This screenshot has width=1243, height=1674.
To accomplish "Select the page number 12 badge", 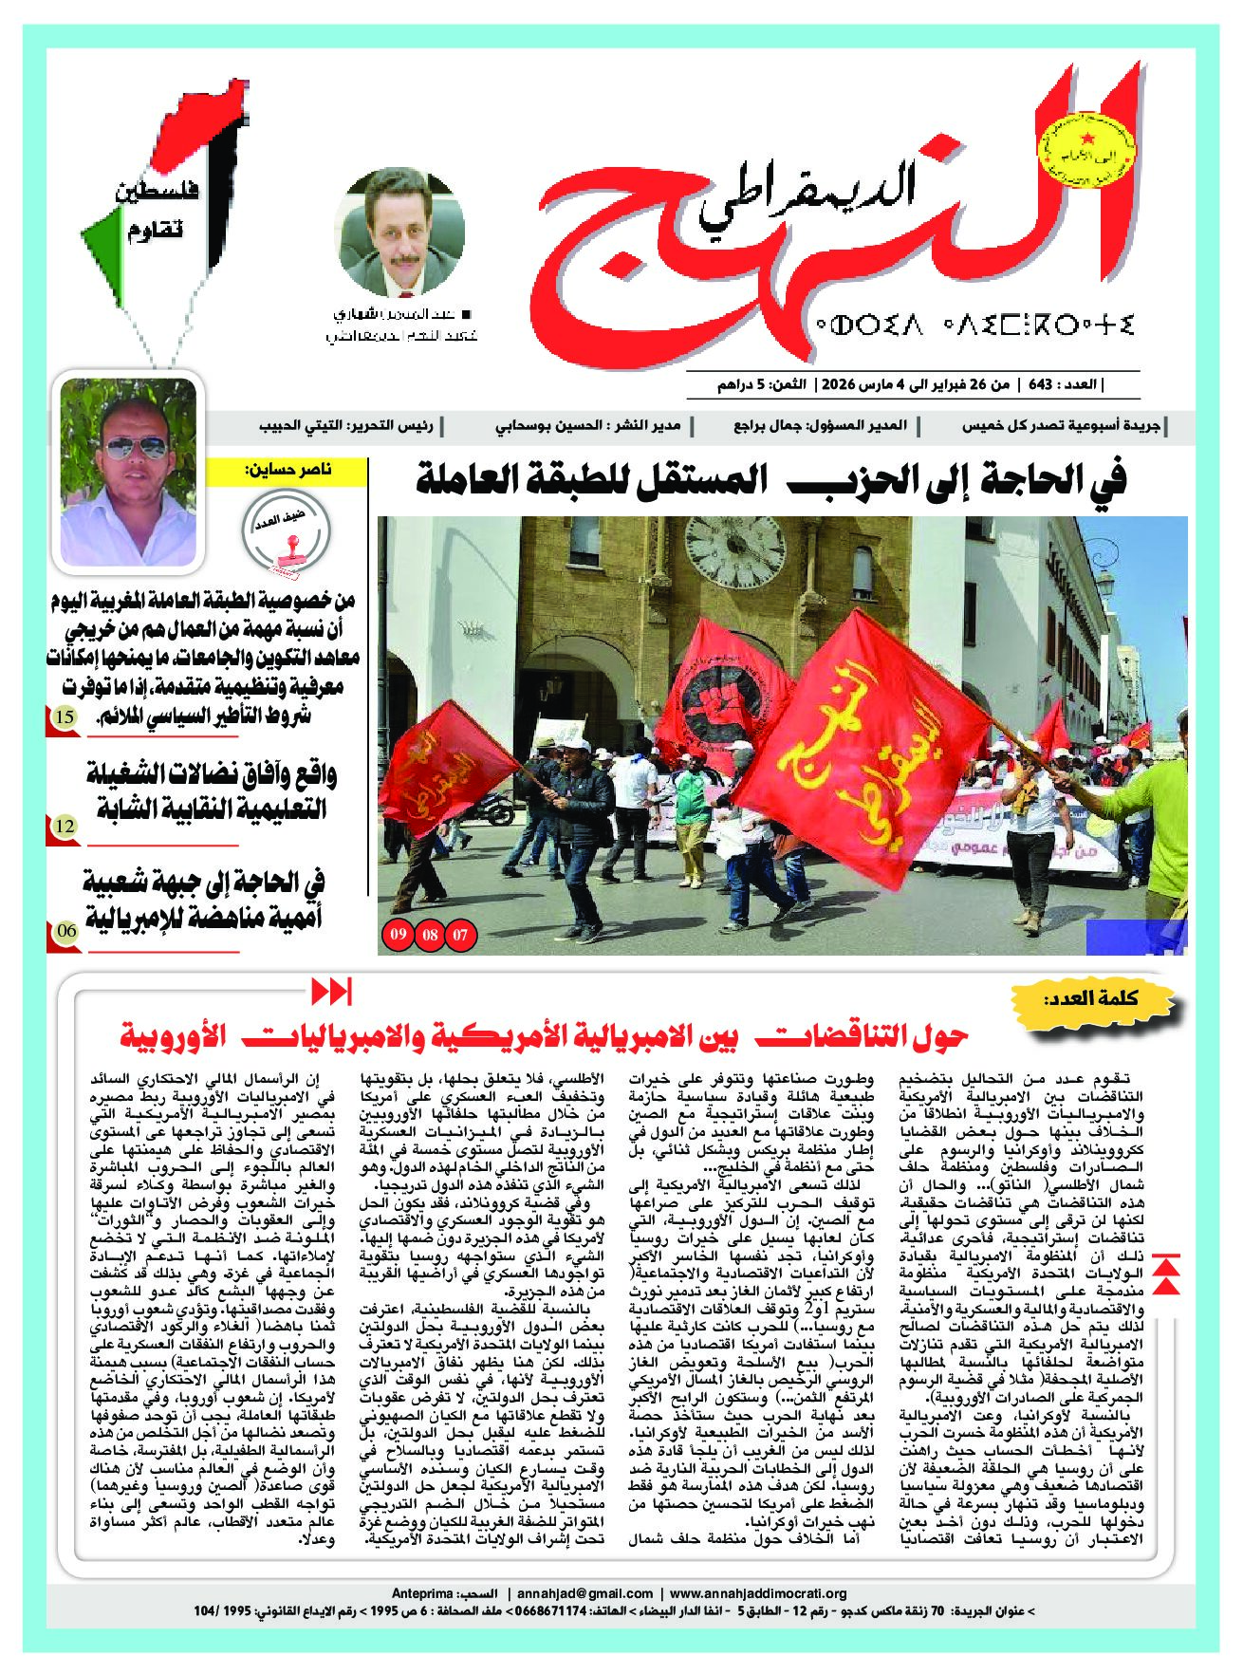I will pos(64,827).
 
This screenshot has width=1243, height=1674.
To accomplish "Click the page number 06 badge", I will pos(64,931).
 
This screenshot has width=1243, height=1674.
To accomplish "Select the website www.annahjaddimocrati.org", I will pos(758,1593).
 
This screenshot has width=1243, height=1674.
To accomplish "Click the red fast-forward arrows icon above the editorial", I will pos(331,993).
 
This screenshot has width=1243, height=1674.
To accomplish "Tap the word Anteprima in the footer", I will pos(421,1593).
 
